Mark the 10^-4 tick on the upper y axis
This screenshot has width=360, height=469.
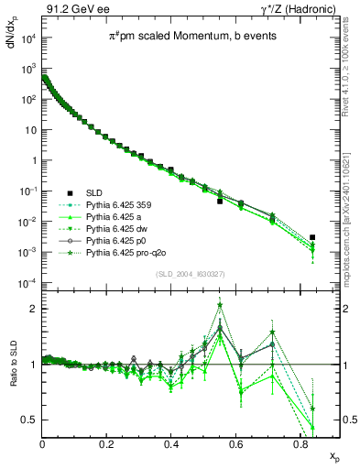click(29, 282)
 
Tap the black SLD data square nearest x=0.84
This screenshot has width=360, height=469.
click(313, 237)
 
